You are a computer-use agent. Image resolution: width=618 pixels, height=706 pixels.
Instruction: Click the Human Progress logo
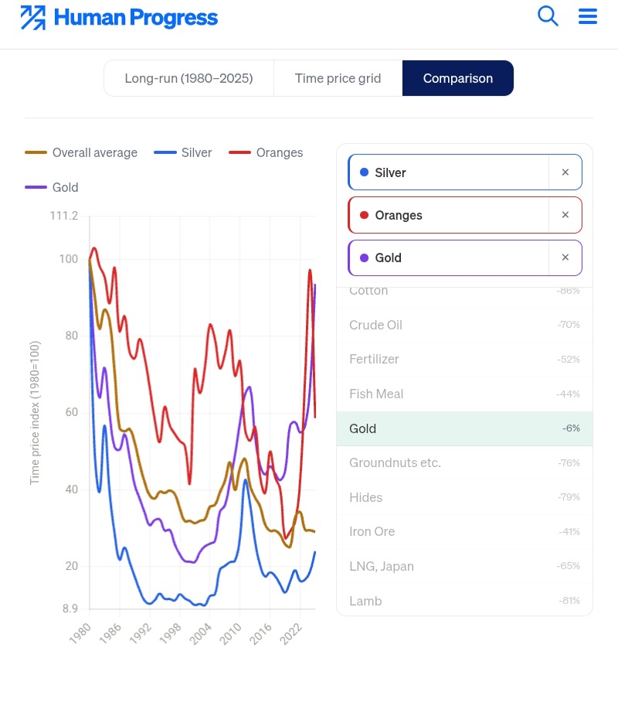click(119, 18)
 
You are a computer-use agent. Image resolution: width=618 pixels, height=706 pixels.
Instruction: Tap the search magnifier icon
click(548, 16)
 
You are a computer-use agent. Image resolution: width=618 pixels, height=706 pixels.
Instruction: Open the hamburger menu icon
click(588, 16)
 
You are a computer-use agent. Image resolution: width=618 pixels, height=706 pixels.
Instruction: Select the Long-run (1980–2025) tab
click(188, 78)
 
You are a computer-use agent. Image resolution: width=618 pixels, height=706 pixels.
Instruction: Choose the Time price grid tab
click(338, 78)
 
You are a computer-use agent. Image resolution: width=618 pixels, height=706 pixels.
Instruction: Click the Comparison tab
click(457, 78)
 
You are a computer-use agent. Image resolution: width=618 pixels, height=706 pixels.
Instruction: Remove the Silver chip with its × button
click(565, 172)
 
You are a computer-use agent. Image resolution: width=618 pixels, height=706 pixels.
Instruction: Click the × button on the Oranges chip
click(565, 215)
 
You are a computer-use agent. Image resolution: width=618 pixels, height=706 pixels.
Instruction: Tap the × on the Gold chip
click(565, 258)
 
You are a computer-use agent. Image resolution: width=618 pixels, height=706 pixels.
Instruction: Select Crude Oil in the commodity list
click(375, 325)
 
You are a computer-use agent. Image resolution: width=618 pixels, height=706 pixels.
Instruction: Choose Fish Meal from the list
click(376, 394)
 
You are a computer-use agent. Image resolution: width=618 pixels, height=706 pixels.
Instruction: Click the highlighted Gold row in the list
click(463, 428)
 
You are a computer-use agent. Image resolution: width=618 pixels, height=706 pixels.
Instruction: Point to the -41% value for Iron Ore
click(569, 532)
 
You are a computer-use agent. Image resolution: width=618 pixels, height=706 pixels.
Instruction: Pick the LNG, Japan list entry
click(382, 566)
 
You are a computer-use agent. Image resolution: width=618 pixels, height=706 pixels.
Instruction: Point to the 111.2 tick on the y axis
click(63, 216)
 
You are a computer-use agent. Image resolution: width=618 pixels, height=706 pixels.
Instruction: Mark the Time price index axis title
click(35, 414)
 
